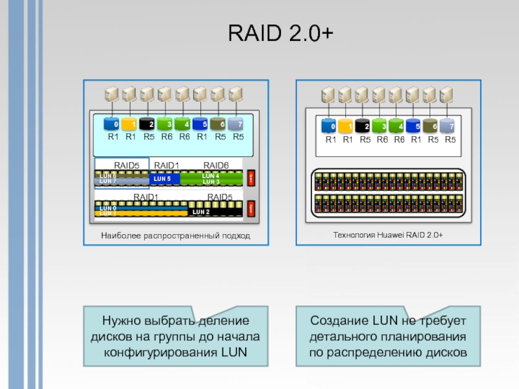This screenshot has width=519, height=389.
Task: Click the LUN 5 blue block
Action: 163,178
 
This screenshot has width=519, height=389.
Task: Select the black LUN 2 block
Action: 201,212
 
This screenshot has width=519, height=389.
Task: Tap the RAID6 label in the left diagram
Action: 216,165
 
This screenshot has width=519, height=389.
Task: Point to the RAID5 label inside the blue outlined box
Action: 127,165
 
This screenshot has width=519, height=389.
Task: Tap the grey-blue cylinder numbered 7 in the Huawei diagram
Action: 448,126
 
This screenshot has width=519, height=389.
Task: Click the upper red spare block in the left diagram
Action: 250,176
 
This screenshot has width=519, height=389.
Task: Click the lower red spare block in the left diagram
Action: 250,209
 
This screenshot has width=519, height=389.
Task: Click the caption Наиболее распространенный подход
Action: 175,235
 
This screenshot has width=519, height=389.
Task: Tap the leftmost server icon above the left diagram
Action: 112,95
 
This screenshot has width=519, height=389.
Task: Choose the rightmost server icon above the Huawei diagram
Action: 446,95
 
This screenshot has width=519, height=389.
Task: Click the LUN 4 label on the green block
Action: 211,176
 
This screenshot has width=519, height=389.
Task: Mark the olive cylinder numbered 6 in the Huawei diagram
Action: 431,126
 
